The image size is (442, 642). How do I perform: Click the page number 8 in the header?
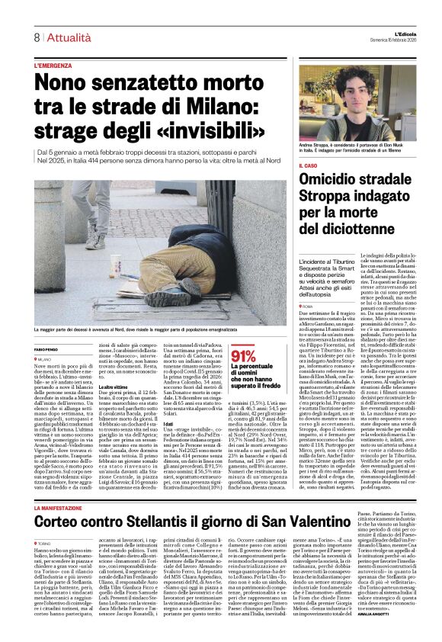37,37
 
